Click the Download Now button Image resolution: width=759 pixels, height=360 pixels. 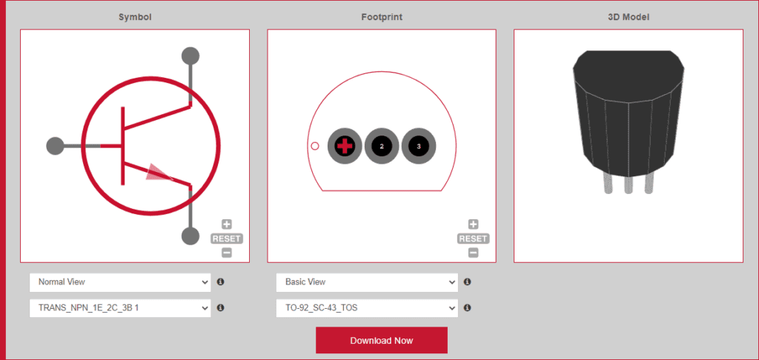coord(382,340)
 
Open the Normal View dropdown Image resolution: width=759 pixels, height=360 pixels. coord(120,282)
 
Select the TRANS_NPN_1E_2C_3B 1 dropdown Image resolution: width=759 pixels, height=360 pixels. coord(120,307)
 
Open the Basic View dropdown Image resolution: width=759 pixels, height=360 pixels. coord(367,282)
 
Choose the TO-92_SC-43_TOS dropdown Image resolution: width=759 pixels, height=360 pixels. coord(367,307)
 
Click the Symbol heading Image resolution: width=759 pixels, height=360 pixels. coord(135,18)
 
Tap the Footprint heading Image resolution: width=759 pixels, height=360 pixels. coord(382,18)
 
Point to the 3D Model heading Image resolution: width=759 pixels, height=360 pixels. coord(629,18)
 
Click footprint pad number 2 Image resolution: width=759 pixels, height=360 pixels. coord(382,146)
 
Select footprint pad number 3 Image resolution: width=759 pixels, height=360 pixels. coord(419,146)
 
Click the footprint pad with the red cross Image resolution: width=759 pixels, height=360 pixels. coord(345,146)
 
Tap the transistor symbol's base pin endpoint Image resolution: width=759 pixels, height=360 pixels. coord(55,146)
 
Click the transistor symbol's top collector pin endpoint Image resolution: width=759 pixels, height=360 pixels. coord(190,56)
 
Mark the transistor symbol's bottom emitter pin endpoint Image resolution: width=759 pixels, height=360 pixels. coord(190,236)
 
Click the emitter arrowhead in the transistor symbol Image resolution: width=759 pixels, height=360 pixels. coord(158,172)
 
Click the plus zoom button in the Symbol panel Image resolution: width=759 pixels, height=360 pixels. coord(227,224)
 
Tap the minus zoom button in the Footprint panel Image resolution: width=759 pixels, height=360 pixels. coord(474,253)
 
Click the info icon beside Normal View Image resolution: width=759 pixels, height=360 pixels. coord(221,281)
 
